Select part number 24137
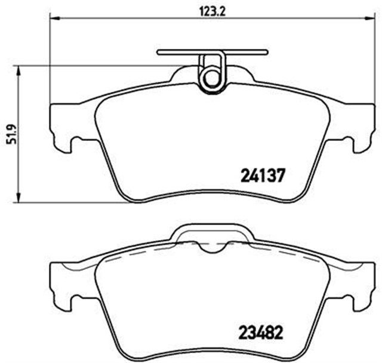coord(264,176)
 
